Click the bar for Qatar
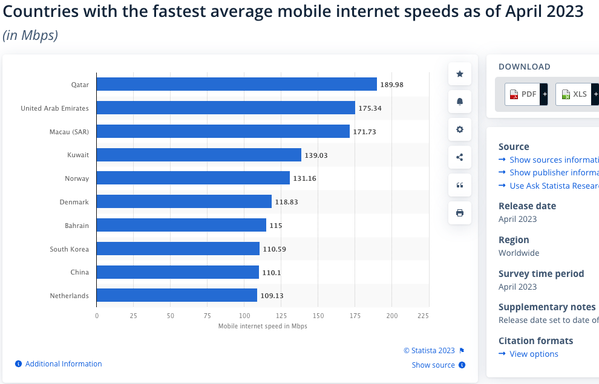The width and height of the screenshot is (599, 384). click(236, 85)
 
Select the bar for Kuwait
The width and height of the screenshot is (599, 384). click(198, 155)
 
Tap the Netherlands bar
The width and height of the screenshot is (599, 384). click(177, 296)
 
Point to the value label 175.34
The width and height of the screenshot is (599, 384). click(370, 108)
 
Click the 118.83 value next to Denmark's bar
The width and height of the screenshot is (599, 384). click(286, 202)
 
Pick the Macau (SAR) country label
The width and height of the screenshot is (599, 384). click(69, 132)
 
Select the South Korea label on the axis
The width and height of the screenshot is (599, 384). click(69, 249)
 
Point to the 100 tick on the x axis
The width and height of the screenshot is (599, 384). click(244, 316)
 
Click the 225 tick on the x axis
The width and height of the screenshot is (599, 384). click(423, 316)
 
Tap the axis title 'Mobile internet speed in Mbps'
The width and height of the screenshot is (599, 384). click(263, 327)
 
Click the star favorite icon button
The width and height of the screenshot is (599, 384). click(460, 74)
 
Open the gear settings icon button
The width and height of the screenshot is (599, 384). click(460, 129)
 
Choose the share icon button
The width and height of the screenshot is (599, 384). click(460, 157)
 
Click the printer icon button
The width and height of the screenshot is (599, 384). click(460, 213)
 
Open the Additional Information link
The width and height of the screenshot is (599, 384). click(64, 364)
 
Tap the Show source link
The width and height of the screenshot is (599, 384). click(433, 365)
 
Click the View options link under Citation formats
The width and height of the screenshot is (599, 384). click(534, 354)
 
